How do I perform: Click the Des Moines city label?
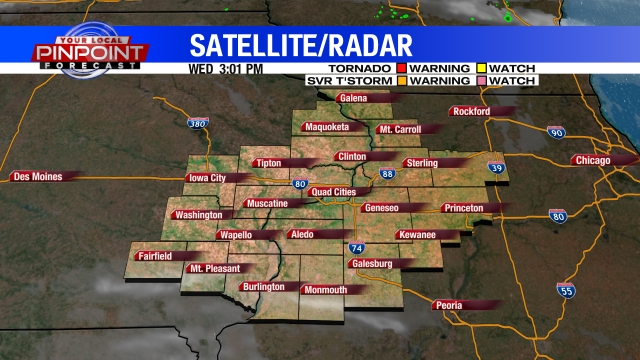(36, 176)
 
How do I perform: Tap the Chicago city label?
(597, 160)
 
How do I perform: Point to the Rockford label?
(473, 111)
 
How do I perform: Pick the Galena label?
(354, 99)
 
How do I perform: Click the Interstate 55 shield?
(566, 291)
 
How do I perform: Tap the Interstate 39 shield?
(495, 169)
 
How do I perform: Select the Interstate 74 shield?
(356, 247)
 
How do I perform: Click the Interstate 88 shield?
(388, 174)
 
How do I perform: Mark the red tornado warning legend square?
(400, 67)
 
